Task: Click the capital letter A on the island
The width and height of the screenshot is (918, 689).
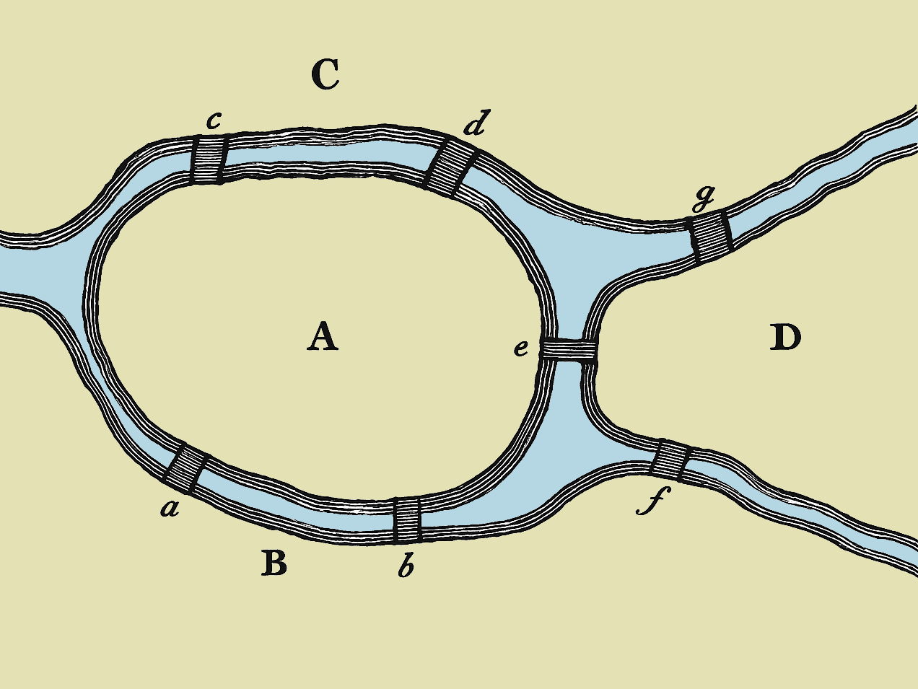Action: pos(323,337)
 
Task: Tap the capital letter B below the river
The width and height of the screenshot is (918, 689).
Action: pos(274,563)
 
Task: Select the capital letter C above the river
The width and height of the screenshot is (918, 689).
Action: pos(325,74)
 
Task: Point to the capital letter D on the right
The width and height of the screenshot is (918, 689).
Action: pos(785,337)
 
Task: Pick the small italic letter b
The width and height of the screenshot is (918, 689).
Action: pos(406,567)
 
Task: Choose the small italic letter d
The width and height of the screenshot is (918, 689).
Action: pos(475,124)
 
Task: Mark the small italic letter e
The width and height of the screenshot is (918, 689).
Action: pos(521,349)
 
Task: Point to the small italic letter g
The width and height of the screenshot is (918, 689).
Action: pos(703,197)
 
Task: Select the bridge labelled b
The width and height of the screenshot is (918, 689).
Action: pos(407,519)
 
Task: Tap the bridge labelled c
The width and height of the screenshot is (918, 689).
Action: pos(209,159)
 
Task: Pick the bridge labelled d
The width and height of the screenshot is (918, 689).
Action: pos(450,167)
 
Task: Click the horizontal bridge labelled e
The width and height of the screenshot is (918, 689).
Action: pos(569,350)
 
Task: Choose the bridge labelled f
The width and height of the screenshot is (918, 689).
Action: pos(670,460)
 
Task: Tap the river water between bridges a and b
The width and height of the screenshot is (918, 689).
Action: pos(289,512)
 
